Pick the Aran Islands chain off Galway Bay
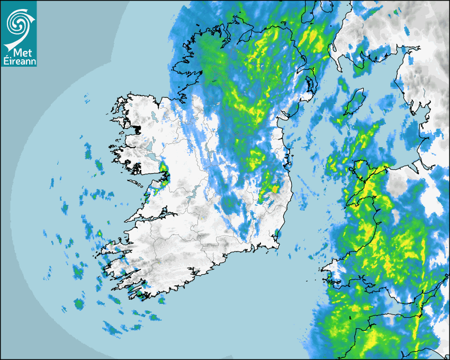(x=137, y=184)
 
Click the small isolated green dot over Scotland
(x=395, y=11)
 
